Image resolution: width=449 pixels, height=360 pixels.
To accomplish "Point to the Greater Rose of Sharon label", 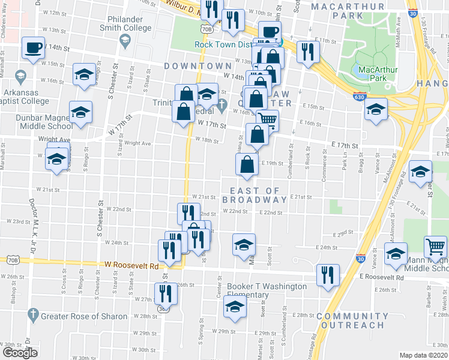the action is coord(84,316).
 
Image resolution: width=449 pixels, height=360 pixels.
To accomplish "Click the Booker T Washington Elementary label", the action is coord(267,290).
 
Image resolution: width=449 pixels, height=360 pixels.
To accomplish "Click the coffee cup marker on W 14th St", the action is coord(34,47).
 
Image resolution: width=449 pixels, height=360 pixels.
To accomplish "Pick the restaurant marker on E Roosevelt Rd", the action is coord(327,275).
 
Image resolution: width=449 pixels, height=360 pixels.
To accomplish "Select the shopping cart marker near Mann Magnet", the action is coord(435,247).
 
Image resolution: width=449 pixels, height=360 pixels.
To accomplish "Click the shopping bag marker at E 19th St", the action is coord(247,164).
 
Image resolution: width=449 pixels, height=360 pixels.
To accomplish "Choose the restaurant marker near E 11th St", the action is coord(308,51).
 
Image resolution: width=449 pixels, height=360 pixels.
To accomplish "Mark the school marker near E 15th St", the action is coord(376,109).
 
